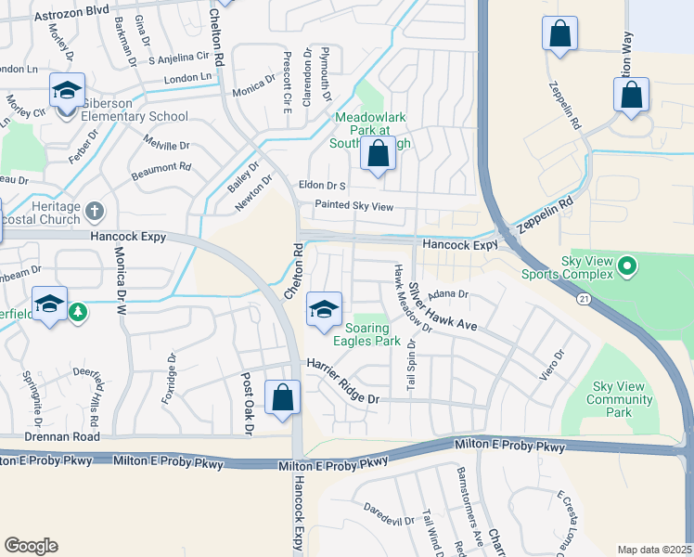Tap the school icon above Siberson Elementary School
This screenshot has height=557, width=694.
(x=67, y=92)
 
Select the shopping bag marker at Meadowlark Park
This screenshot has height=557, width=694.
(x=378, y=155)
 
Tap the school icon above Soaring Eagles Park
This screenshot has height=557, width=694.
(x=323, y=311)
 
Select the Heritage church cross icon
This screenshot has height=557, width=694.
(x=93, y=211)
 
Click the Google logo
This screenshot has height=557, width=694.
(x=31, y=546)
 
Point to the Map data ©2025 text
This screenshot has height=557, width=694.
(x=655, y=550)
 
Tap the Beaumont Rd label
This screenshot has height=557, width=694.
(x=161, y=168)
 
